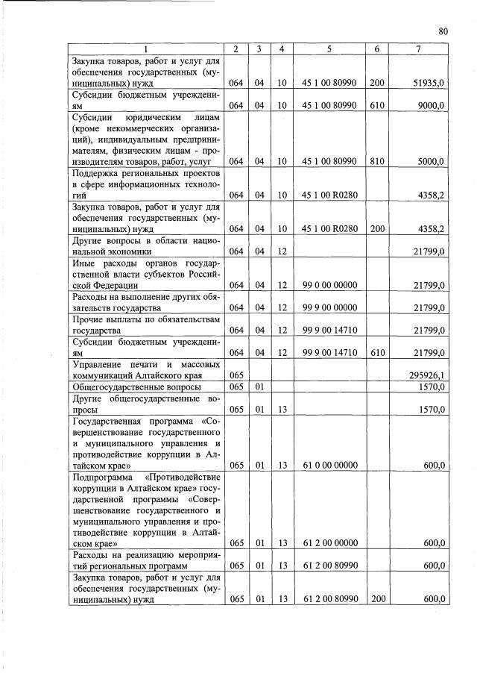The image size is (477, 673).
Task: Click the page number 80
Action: point(443,31)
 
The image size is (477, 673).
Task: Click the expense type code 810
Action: point(376,161)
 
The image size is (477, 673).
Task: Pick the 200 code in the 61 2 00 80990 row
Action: point(376,599)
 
